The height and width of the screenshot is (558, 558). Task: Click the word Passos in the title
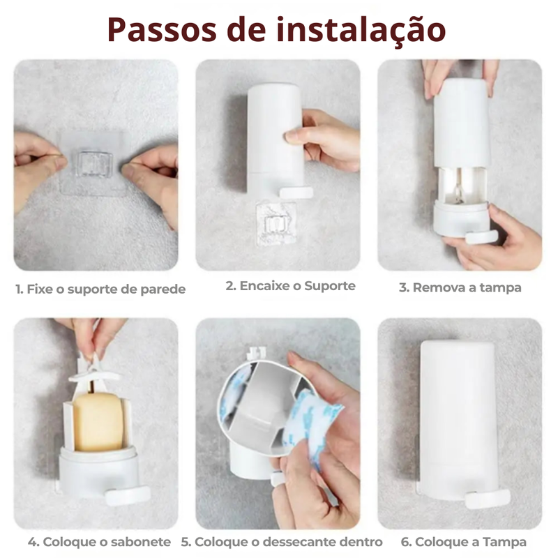(162, 30)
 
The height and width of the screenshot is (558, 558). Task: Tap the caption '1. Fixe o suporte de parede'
(100, 289)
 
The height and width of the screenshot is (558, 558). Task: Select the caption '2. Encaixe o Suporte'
(290, 286)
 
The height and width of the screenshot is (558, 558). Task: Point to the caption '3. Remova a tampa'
(460, 287)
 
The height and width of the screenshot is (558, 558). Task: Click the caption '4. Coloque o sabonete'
(99, 542)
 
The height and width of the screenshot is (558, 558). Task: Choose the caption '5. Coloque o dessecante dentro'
(282, 542)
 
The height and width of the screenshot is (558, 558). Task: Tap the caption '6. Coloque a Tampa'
(463, 542)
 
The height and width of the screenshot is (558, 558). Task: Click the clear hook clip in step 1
(95, 164)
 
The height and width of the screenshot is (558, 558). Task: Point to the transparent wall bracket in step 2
(276, 224)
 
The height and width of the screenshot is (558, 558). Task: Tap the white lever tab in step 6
(488, 499)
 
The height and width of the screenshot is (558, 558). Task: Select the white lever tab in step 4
(128, 495)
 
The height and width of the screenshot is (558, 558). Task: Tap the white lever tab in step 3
(481, 237)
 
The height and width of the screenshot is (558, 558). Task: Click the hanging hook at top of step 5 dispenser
(256, 354)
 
